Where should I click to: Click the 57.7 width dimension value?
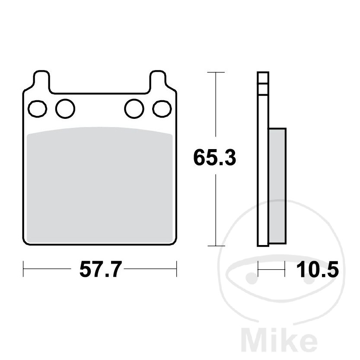pyautogui.click(x=100, y=270)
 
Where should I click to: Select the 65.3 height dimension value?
pyautogui.click(x=215, y=157)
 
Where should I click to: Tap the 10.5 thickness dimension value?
pyautogui.click(x=318, y=270)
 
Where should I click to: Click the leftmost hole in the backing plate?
pyautogui.click(x=38, y=109)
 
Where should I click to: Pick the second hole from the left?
pyautogui.click(x=65, y=108)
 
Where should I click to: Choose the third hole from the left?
pyautogui.click(x=134, y=108)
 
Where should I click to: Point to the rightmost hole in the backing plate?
pyautogui.click(x=162, y=109)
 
